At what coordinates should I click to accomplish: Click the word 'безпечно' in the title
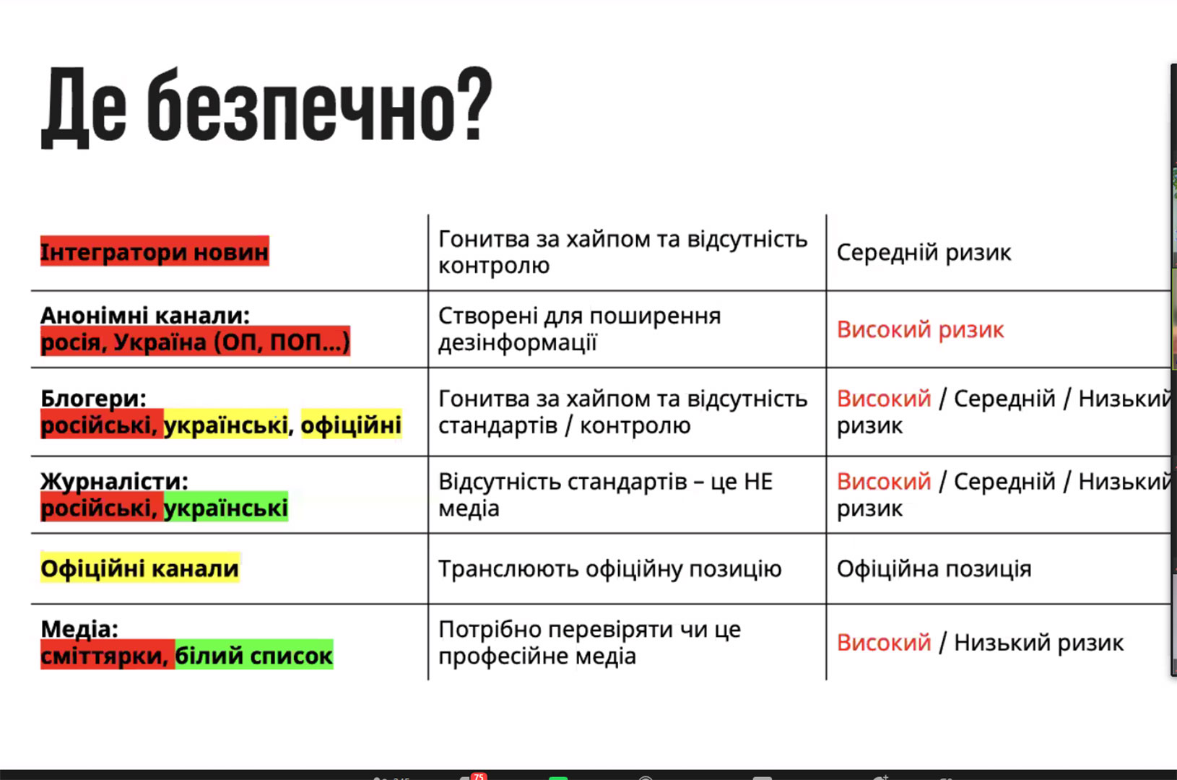point(299,105)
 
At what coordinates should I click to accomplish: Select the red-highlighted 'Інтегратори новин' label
point(155,251)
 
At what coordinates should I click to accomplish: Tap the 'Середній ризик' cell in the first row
point(924,252)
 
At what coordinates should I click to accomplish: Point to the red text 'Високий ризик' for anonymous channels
point(920,329)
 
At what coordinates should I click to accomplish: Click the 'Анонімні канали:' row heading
point(145,316)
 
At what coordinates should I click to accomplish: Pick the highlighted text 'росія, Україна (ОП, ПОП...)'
point(195,342)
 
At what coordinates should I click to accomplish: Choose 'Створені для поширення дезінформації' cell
point(580,329)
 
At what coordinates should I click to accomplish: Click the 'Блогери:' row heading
point(94,398)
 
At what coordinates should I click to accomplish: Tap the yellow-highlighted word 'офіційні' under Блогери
point(351,425)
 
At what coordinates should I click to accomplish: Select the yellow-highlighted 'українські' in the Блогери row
point(226,425)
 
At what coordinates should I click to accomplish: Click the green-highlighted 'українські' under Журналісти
point(226,507)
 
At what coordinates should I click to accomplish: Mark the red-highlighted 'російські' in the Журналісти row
point(102,507)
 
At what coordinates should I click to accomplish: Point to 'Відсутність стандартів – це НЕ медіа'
point(606,495)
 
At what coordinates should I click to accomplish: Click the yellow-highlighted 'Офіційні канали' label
point(140,568)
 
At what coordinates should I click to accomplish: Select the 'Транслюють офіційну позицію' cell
point(610,569)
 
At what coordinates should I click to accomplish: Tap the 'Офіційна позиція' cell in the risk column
point(934,568)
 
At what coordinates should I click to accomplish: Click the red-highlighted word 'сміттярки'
point(107,655)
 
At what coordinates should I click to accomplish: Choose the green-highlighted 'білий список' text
point(253,655)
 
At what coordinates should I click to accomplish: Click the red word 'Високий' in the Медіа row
point(884,642)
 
